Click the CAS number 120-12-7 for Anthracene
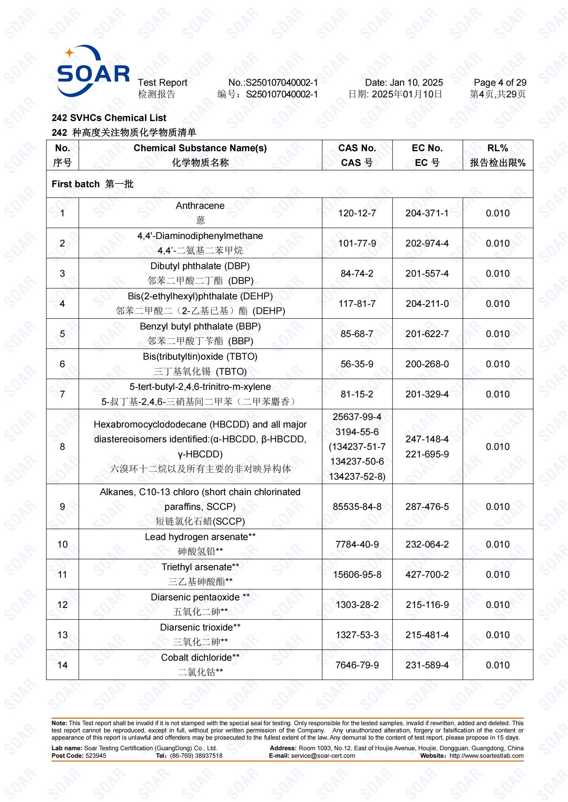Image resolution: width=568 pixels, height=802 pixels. [357, 213]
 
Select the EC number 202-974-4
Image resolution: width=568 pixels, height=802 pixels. [427, 243]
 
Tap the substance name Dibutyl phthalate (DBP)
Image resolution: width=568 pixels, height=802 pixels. [200, 266]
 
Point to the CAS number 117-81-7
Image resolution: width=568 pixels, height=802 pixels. [357, 303]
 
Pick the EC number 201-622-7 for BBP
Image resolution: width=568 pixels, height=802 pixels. [427, 334]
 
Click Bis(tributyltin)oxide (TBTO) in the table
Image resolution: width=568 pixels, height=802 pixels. [200, 357]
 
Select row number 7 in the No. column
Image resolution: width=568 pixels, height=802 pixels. [62, 394]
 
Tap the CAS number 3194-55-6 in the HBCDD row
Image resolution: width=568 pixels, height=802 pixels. [357, 432]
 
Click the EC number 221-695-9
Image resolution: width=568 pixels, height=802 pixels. [427, 454]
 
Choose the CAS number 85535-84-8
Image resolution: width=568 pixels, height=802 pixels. [357, 506]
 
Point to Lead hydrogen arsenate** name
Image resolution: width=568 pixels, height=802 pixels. [200, 537]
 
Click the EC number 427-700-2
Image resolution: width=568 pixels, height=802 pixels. [427, 575]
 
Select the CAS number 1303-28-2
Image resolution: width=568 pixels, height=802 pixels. [357, 605]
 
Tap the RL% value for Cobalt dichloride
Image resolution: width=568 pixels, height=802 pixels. [497, 665]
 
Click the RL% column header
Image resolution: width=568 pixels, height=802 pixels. [497, 155]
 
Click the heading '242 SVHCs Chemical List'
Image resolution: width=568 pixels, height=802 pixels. [109, 118]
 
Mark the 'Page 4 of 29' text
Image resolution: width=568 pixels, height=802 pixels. [499, 82]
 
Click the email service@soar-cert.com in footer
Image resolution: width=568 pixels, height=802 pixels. [322, 756]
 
